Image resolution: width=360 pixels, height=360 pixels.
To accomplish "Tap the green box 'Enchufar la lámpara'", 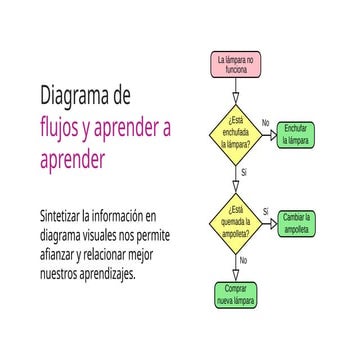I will click(x=295, y=133).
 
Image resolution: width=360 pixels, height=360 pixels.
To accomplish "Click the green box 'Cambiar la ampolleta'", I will click(x=297, y=221).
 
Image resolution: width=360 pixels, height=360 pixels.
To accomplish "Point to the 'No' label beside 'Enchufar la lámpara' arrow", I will click(x=266, y=123).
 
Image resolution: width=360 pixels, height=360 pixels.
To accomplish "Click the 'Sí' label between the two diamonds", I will click(x=243, y=173).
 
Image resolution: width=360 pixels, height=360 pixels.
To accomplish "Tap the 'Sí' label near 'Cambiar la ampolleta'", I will click(x=266, y=210).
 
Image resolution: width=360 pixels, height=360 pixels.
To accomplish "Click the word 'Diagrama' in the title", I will click(x=79, y=98).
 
